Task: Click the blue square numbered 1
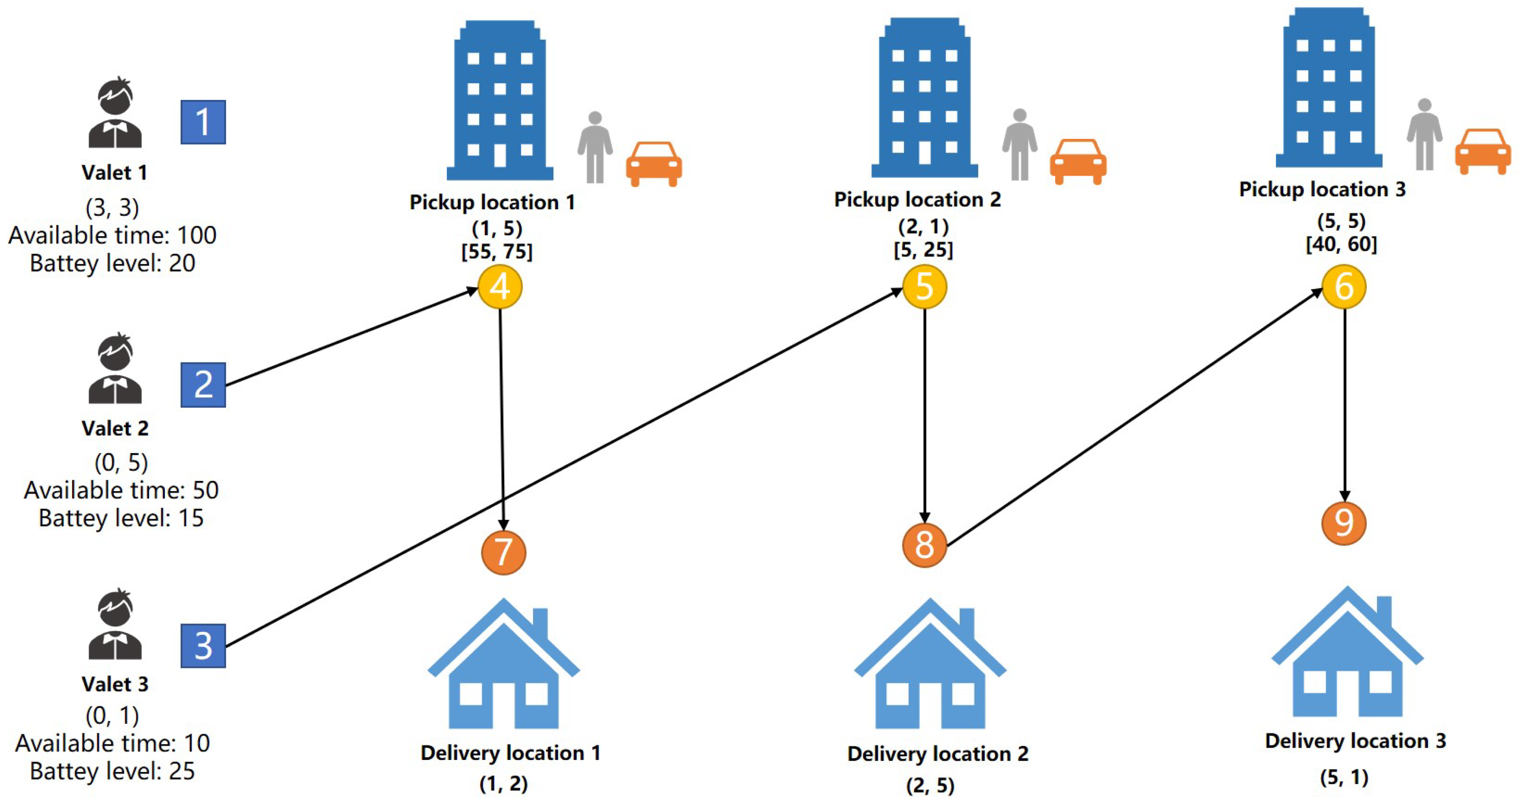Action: tap(203, 122)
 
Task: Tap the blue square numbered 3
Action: tap(203, 645)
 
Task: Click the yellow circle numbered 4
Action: tap(500, 287)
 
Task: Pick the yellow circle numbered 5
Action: tap(924, 287)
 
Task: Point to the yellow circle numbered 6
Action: tap(1344, 287)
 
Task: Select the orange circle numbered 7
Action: tap(503, 552)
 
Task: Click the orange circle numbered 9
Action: tap(1344, 523)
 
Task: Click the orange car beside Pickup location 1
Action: tap(653, 163)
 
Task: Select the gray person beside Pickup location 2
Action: tap(1020, 145)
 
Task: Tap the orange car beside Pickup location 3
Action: tap(1483, 151)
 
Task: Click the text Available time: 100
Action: tap(113, 235)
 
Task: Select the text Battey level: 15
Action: tap(121, 518)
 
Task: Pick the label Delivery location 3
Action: tap(1355, 741)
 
